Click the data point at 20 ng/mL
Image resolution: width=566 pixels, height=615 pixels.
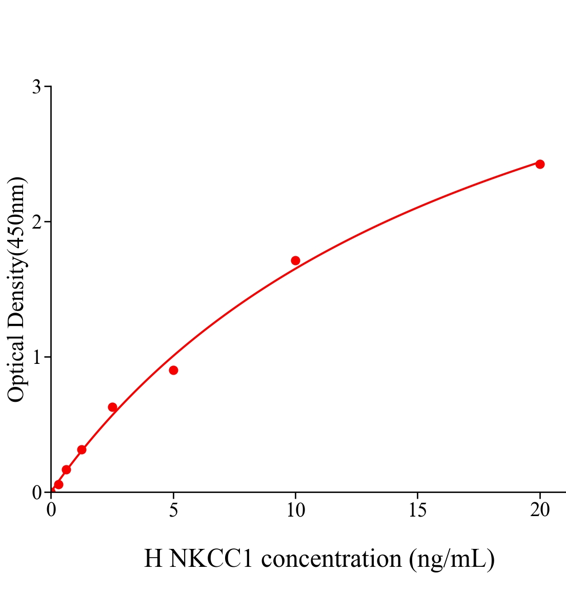(x=539, y=164)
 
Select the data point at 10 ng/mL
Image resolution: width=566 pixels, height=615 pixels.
(x=295, y=260)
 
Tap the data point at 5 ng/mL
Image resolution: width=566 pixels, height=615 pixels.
(x=173, y=370)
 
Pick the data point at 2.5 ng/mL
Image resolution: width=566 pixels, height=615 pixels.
(x=112, y=407)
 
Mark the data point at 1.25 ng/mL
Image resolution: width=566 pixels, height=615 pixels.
(x=82, y=449)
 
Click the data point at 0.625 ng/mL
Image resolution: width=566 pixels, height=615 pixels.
(x=66, y=469)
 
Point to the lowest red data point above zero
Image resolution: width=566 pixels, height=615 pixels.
(x=58, y=484)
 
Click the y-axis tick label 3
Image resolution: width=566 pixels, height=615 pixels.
(x=36, y=87)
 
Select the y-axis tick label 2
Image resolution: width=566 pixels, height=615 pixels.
(x=36, y=222)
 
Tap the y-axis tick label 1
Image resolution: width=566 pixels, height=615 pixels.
(x=36, y=357)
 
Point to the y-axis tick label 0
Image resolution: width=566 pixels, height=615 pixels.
(x=36, y=493)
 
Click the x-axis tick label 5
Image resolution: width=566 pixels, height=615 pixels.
(x=173, y=510)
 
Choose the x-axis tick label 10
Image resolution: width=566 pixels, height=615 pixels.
(x=295, y=510)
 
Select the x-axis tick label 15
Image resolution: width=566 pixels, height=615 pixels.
(x=417, y=510)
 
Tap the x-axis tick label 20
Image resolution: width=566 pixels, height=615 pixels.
(x=539, y=510)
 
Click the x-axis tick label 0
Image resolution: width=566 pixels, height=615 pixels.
(x=51, y=510)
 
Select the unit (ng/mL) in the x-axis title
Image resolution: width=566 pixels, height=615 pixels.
(x=452, y=559)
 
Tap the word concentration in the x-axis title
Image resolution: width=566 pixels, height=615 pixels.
(x=331, y=559)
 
